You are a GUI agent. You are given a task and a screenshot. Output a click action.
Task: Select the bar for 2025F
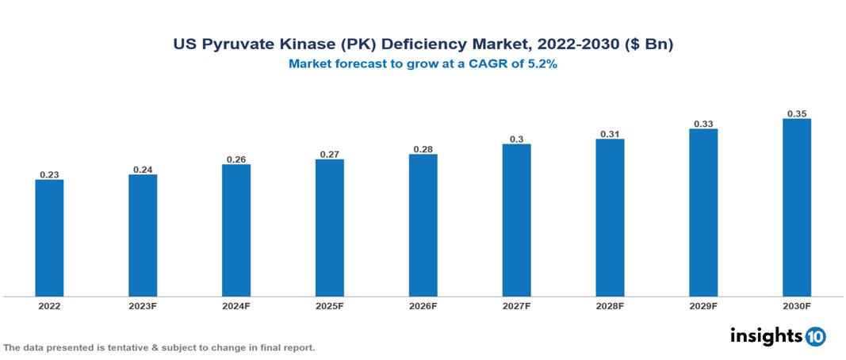coord(329,228)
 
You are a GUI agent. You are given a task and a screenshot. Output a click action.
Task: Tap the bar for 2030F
coord(796,208)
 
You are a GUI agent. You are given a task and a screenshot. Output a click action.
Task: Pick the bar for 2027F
coord(516,220)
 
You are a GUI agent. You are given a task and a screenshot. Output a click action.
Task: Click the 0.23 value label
coord(49,174)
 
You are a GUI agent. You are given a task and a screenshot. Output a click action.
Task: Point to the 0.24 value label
coord(143,169)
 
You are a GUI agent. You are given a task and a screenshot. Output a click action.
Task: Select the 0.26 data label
coord(236,159)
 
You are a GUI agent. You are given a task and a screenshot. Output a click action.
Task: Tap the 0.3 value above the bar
coord(516,139)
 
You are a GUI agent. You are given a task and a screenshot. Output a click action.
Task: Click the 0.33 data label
coord(703,124)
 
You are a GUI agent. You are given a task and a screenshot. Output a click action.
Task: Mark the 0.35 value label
coord(796,113)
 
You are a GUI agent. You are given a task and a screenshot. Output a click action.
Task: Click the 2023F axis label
coord(143,305)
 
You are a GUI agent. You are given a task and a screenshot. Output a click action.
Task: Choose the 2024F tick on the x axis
coord(236,305)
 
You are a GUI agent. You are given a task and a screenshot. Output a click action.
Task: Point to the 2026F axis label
coord(423,305)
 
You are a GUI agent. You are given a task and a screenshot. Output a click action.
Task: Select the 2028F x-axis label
coord(610,305)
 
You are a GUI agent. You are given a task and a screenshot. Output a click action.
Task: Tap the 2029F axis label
coord(703,305)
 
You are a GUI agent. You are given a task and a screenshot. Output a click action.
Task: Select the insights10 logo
coord(777,336)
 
